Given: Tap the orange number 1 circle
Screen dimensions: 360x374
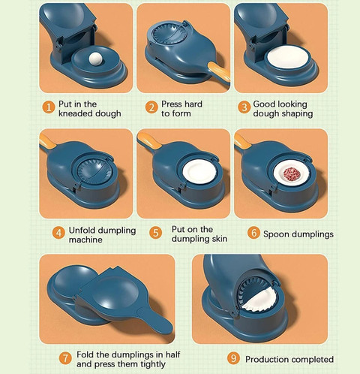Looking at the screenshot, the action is tap(49, 107).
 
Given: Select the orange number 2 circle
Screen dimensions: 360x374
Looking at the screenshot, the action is tap(151, 107).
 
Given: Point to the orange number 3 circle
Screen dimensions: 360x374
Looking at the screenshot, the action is tap(244, 107).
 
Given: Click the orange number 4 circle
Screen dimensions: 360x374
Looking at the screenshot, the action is tap(58, 233).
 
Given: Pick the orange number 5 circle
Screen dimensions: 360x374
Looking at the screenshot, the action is tap(155, 233).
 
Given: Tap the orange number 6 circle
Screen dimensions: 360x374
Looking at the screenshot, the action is tap(253, 233).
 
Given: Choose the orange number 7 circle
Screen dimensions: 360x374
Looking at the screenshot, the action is tap(65, 358).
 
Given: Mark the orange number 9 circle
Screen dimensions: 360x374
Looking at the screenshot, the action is tap(233, 358).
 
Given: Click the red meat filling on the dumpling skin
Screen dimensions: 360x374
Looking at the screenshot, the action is tap(289, 173).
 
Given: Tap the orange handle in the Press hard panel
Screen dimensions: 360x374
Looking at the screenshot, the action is tap(219, 71).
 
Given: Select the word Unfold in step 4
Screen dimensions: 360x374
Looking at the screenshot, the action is tap(80, 231).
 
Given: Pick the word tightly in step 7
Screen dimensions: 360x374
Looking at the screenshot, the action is tap(153, 364).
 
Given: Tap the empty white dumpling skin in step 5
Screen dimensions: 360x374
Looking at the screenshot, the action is tap(199, 172).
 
